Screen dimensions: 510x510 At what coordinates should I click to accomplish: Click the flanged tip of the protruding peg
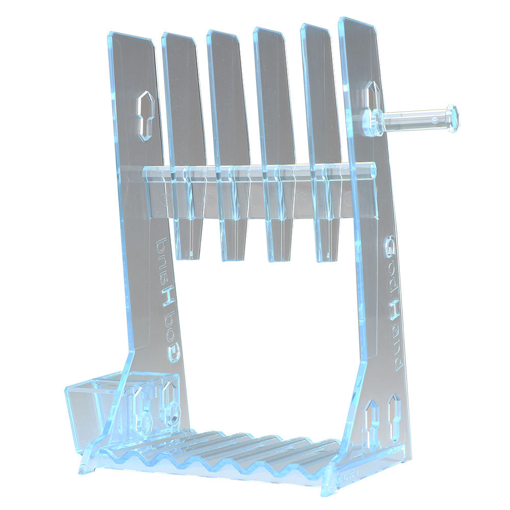452,118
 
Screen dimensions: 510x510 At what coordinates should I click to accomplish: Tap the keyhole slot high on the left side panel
146,116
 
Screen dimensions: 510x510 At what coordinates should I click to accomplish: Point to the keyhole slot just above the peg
371,95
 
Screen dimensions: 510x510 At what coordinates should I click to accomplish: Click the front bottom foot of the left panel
87,462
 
